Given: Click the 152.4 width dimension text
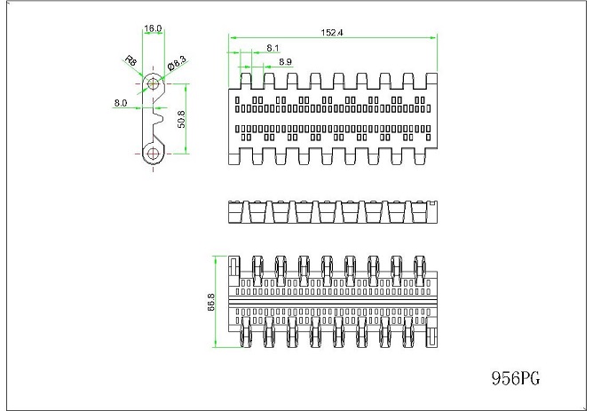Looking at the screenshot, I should pyautogui.click(x=332, y=32).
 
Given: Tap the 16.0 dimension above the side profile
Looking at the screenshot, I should pyautogui.click(x=154, y=28).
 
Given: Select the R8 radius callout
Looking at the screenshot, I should pyautogui.click(x=130, y=62).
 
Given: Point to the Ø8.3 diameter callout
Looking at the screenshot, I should pyautogui.click(x=177, y=63).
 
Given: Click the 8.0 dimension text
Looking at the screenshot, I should pyautogui.click(x=121, y=103).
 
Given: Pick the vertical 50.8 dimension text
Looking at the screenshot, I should pyautogui.click(x=181, y=120).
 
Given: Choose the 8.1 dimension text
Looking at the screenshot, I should pyautogui.click(x=273, y=47).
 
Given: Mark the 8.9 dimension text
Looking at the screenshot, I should pyautogui.click(x=286, y=61).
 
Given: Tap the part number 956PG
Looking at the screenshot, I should pyautogui.click(x=515, y=378).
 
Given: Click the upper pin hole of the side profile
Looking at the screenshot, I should pyautogui.click(x=154, y=84).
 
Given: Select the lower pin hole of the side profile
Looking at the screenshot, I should pyautogui.click(x=154, y=154).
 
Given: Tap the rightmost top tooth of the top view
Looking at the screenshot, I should pyautogui.click(x=432, y=82).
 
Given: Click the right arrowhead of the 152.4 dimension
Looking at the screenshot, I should pyautogui.click(x=434, y=37).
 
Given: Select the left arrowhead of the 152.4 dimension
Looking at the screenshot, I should pyautogui.click(x=231, y=37).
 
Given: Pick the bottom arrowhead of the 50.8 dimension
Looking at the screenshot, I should pyautogui.click(x=186, y=152).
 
